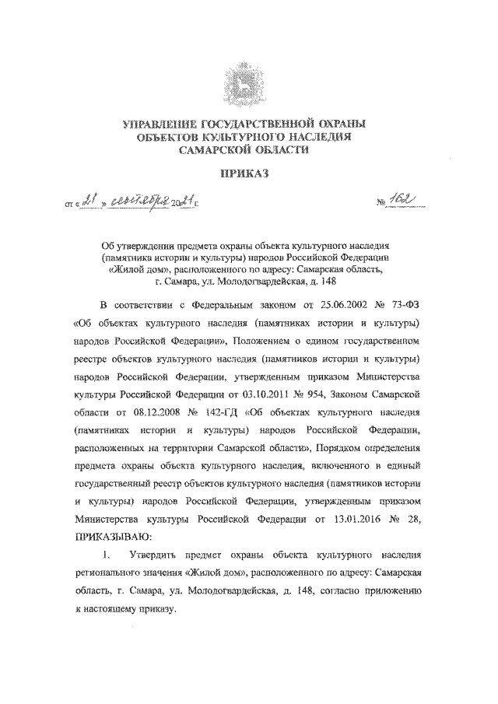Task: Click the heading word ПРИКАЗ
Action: (x=248, y=174)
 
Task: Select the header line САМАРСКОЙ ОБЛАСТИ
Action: (x=248, y=152)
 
